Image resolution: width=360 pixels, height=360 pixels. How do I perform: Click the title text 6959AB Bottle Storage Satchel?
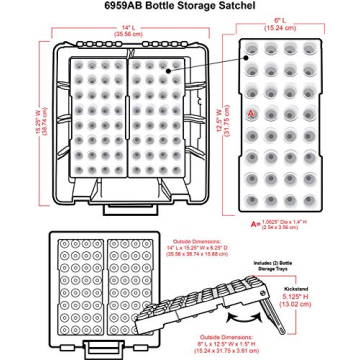click(179, 6)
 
